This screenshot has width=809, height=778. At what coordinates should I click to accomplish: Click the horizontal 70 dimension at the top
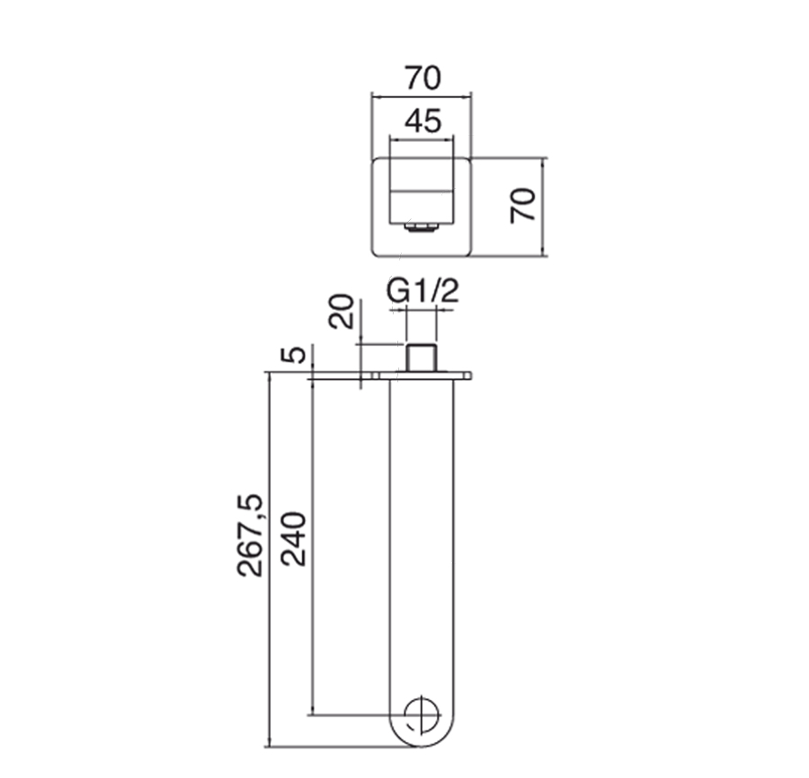(422, 78)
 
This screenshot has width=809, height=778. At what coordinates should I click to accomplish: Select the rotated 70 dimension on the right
(522, 206)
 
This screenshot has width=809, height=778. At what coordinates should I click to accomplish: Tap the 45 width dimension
(423, 121)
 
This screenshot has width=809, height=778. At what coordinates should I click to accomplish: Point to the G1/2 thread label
(422, 291)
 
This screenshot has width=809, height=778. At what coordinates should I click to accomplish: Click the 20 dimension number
(342, 312)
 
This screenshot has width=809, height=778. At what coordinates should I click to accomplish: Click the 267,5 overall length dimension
(250, 535)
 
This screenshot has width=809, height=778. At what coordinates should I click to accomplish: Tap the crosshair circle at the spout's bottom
(422, 715)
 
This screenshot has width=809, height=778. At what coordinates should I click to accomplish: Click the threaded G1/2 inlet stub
(422, 358)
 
